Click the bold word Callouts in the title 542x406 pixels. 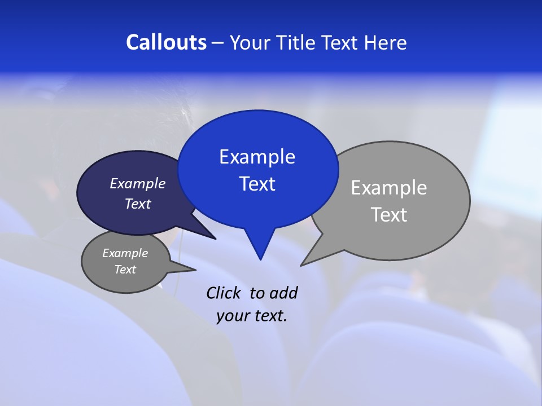point(166,43)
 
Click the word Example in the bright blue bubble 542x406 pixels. point(257,157)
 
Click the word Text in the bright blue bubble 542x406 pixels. point(257,184)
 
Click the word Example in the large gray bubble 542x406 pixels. point(389,188)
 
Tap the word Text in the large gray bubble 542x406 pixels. point(389,215)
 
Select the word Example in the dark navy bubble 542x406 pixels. point(138,183)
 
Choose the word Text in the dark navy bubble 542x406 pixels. point(138,204)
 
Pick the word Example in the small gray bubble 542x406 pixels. point(125,253)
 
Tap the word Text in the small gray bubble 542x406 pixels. point(125,270)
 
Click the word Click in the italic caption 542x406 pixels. point(225,293)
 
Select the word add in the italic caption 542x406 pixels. point(283,293)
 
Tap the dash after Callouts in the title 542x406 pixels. point(218,43)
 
